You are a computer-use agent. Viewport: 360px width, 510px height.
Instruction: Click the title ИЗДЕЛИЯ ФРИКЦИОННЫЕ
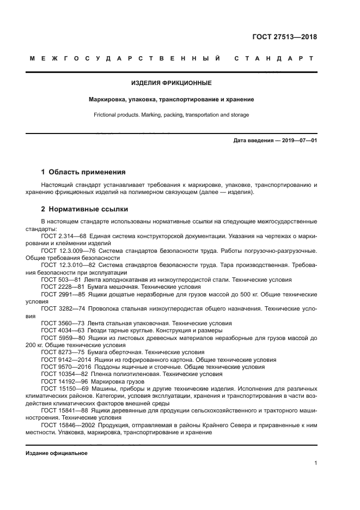coord(172,83)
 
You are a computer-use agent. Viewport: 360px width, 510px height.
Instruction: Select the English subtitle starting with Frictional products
coord(172,115)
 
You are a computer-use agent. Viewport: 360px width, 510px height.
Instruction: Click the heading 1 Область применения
coord(83,172)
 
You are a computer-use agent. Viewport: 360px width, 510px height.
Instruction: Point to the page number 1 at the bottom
coord(315,463)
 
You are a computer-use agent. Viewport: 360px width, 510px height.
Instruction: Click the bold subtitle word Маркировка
coord(109,100)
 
